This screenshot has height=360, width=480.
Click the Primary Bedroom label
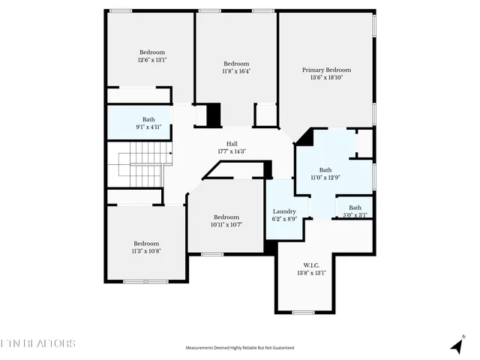click(326, 70)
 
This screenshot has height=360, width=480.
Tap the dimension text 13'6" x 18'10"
click(326, 77)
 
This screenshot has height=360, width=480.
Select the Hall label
click(232, 144)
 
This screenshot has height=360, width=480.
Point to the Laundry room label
click(284, 211)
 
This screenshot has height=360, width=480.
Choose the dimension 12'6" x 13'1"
click(151, 60)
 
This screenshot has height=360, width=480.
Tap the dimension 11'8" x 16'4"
click(236, 71)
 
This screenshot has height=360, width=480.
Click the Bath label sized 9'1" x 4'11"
click(149, 119)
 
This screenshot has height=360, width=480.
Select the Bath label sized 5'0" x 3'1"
click(355, 208)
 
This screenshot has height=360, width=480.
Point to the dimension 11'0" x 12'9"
click(325, 177)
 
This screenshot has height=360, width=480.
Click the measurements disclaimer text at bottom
click(240, 348)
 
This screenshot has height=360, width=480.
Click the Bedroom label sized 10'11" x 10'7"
click(226, 217)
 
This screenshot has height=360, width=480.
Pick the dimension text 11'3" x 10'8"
click(147, 250)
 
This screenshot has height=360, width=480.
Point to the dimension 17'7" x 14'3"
click(232, 151)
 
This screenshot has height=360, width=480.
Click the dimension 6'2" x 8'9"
click(284, 219)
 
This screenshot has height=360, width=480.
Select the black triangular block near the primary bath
click(305, 137)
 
